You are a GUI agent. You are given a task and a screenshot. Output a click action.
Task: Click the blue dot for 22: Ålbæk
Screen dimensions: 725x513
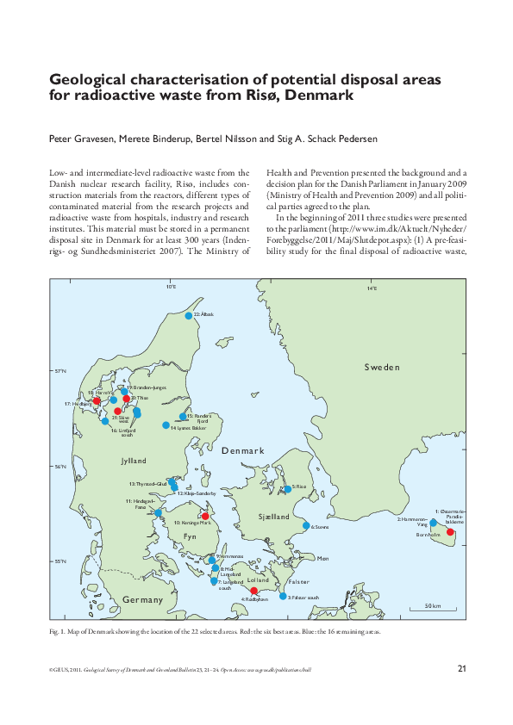[x=189, y=315]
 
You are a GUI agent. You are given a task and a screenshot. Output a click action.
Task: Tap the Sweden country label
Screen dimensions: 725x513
[x=382, y=367]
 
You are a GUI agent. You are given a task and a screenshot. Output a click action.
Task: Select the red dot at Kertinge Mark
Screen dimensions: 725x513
[x=205, y=517]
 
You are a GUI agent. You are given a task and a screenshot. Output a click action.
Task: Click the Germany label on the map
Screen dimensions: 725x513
[x=142, y=599]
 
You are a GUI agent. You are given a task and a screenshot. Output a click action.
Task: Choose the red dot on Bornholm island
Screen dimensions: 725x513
[x=450, y=532]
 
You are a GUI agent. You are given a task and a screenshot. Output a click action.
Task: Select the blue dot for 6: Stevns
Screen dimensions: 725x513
[x=306, y=525]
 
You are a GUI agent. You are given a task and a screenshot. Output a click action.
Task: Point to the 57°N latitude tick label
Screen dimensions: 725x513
[x=59, y=372]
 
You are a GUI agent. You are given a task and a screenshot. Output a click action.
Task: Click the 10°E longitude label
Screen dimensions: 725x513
[x=171, y=288]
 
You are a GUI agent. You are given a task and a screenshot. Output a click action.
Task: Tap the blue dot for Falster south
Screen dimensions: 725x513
[x=283, y=597]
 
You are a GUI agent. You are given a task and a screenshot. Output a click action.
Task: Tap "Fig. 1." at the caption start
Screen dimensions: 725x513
[x=57, y=631]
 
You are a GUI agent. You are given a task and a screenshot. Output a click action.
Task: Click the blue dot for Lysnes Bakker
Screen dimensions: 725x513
[x=165, y=424]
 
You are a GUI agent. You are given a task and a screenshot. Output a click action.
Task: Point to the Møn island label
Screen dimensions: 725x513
[x=323, y=559]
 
